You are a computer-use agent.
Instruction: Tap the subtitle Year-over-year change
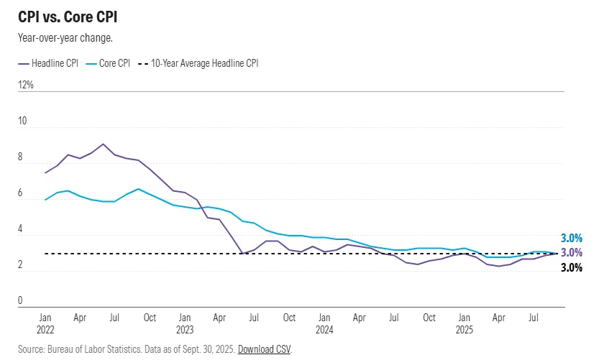pos(65,38)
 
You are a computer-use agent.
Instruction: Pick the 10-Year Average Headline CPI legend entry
pos(204,63)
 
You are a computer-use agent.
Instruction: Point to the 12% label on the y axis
pos(26,85)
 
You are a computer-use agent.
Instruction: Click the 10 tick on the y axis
pos(22,121)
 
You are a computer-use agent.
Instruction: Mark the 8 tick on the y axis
pos(21,157)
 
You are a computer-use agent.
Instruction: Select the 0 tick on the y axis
pos(21,301)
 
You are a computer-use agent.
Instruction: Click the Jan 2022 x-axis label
pos(45,323)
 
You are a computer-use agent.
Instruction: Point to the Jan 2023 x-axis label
pos(185,323)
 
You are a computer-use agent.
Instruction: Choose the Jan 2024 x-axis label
pos(324,323)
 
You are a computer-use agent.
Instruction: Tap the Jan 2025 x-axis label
pos(465,323)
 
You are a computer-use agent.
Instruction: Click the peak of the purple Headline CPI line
pos(103,144)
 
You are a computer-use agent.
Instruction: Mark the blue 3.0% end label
pos(571,239)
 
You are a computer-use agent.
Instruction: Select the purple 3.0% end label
pos(571,253)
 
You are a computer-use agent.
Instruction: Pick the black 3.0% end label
pos(571,268)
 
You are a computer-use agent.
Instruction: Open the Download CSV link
pos(265,349)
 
